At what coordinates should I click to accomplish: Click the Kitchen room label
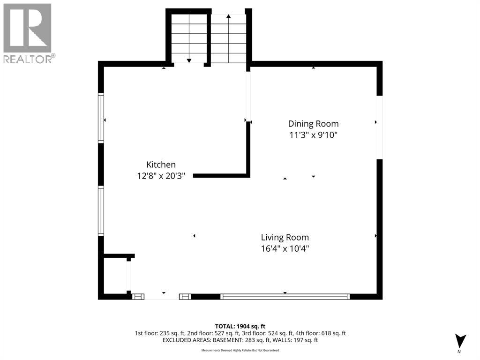point(161,165)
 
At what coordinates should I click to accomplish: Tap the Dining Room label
point(313,124)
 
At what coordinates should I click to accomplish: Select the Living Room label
point(285,238)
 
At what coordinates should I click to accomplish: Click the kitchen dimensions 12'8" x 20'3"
point(161,176)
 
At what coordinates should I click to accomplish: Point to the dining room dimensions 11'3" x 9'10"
point(313,135)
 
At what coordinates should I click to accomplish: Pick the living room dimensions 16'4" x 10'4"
point(285,248)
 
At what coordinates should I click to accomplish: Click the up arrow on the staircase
point(228,38)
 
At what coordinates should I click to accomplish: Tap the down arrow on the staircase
point(189,38)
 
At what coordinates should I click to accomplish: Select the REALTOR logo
point(28,33)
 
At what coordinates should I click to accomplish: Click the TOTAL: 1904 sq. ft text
point(240,326)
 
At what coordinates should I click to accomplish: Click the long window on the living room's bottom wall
point(285,296)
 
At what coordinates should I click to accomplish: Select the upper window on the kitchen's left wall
point(101,118)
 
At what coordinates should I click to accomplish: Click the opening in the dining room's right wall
point(380,127)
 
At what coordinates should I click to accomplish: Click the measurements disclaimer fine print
point(240,350)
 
